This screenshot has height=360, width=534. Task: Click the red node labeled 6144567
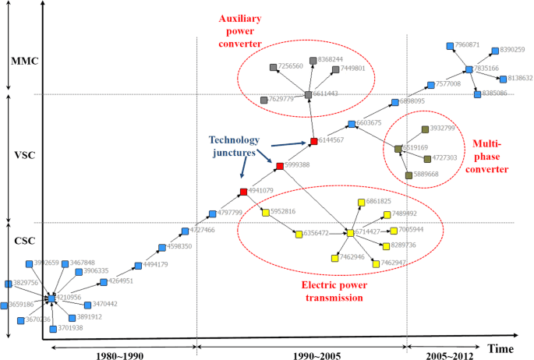[x=314, y=141]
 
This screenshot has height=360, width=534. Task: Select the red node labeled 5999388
[x=280, y=165]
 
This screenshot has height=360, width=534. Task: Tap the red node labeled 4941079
[x=243, y=191]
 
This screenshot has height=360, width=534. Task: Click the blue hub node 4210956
[x=51, y=298]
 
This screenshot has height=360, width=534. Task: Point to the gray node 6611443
[x=309, y=94]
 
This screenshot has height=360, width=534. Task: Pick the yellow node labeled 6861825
[x=361, y=203]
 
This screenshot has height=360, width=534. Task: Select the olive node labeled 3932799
[x=424, y=129]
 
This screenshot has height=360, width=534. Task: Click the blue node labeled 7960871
[x=449, y=46]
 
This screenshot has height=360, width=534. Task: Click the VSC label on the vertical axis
[x=18, y=155]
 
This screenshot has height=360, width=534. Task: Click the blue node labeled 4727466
[x=185, y=231]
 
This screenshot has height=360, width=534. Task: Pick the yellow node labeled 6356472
[x=299, y=233]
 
